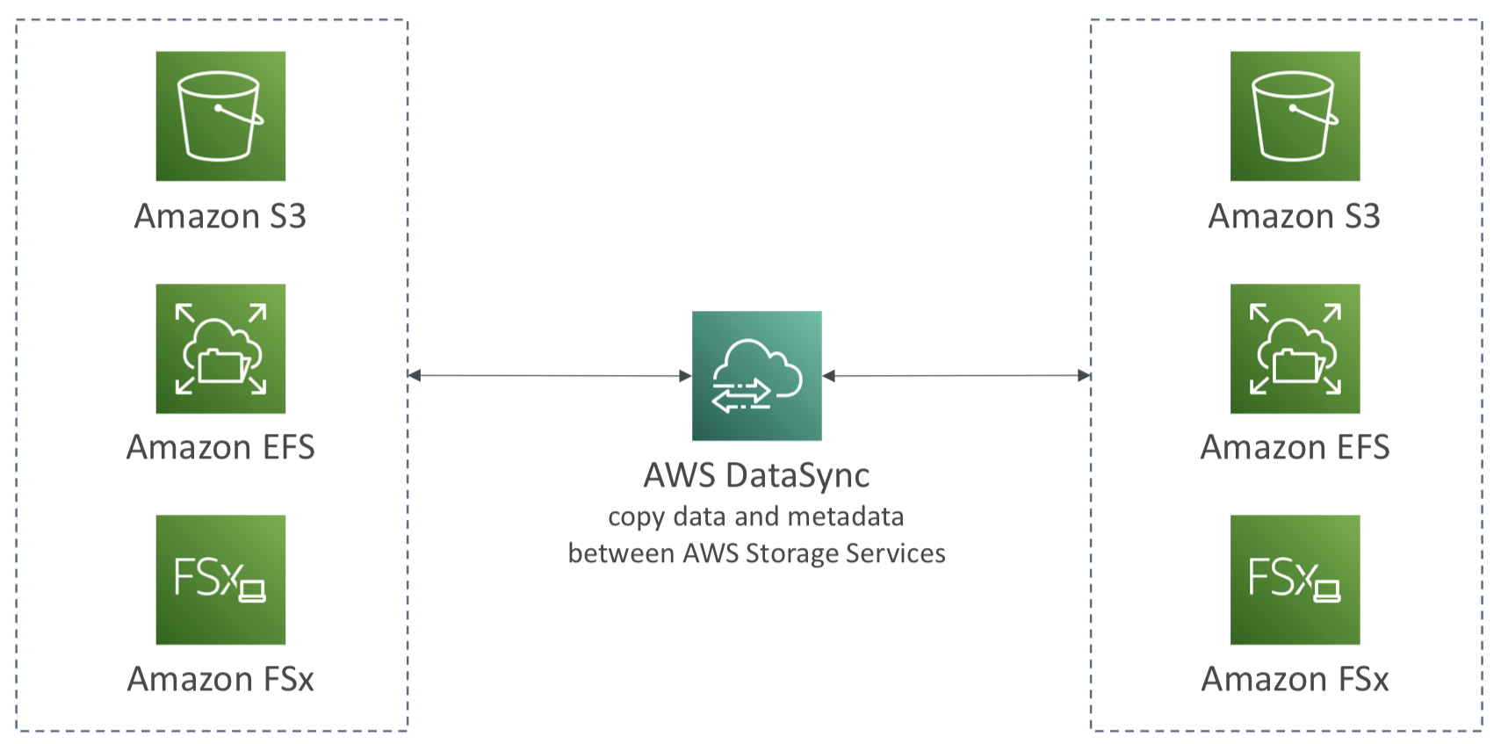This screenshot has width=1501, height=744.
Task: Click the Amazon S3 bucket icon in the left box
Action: pos(220,116)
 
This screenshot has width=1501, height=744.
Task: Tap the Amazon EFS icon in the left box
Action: pos(220,349)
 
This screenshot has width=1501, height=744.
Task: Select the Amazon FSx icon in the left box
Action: pos(220,580)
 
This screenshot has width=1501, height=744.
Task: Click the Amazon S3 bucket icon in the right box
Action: pos(1295,116)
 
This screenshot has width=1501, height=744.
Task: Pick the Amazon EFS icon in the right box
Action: pos(1295,349)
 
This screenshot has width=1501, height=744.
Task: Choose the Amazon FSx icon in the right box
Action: pos(1295,580)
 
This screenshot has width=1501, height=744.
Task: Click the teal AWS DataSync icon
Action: pos(756,376)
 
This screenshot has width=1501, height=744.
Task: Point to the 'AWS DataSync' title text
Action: pos(756,476)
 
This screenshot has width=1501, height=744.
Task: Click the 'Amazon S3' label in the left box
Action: pos(220,216)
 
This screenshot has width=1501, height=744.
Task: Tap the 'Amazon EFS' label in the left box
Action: pos(220,447)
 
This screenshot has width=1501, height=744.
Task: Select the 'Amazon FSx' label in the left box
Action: pos(220,679)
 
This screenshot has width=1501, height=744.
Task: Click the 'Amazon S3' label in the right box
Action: pos(1295,216)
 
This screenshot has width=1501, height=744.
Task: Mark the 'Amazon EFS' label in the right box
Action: pos(1295,447)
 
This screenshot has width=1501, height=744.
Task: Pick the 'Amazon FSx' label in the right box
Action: pos(1295,679)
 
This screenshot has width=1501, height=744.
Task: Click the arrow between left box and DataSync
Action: pos(550,376)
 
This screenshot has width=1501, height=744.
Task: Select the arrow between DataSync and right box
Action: pos(956,376)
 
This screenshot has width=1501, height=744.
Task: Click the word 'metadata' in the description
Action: pos(846,516)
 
